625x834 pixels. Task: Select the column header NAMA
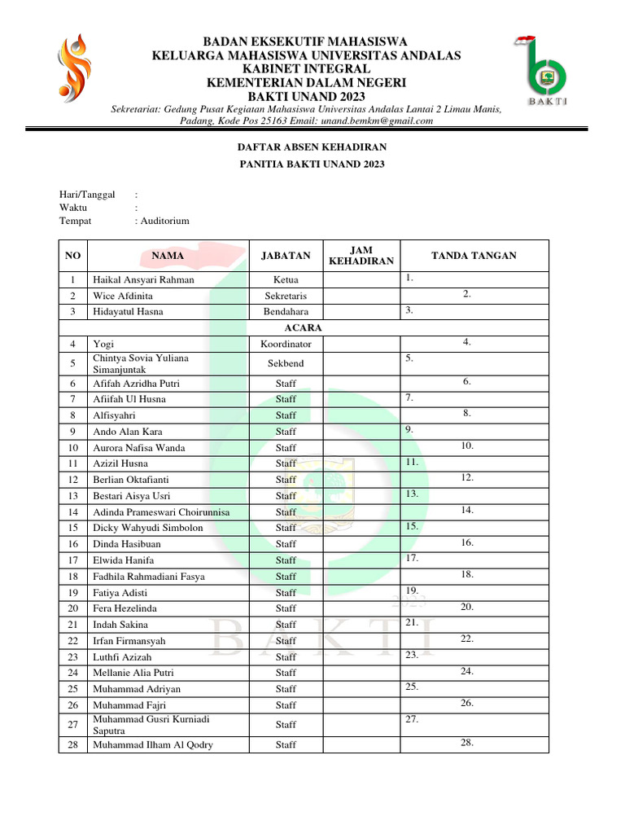coord(168,256)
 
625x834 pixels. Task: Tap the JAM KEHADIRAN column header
coord(361,256)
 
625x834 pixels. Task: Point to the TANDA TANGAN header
coord(474,256)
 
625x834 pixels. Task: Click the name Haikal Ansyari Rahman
coord(143,279)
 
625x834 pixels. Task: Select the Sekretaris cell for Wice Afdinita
coord(286,296)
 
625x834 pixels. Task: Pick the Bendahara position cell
coord(286,311)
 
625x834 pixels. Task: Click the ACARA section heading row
coord(304,327)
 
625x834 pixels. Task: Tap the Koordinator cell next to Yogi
coord(286,344)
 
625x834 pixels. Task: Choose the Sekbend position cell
coord(286,363)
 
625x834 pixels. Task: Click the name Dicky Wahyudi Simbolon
coord(148,528)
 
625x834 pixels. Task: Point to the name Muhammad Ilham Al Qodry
coord(153,744)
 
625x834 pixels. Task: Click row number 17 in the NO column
coord(73,560)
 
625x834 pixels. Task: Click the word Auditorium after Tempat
coord(165,221)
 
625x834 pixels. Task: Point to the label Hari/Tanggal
coord(87,194)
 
